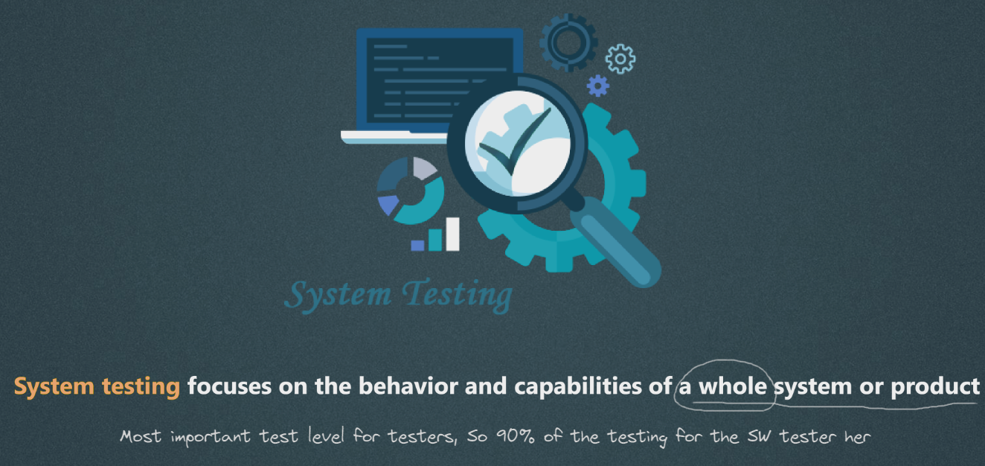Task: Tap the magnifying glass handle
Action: (x=616, y=242)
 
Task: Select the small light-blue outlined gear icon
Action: (x=620, y=59)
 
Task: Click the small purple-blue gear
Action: (x=598, y=86)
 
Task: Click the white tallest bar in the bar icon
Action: (x=453, y=234)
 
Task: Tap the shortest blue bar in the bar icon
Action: (x=417, y=246)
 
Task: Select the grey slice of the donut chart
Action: (x=424, y=167)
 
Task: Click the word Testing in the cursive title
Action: (x=458, y=295)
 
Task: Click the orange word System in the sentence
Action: (x=54, y=387)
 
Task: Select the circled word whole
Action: (x=733, y=386)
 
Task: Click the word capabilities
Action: (x=578, y=387)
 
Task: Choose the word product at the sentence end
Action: (x=935, y=387)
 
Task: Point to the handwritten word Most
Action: (x=141, y=436)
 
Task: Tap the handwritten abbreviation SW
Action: (x=760, y=436)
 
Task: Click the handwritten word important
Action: (x=211, y=437)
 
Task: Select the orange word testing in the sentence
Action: (x=141, y=387)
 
